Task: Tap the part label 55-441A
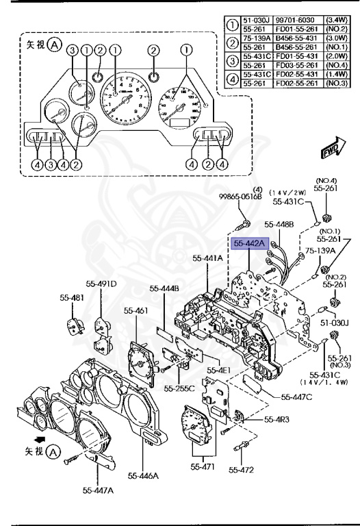tap(207, 258)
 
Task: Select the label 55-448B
tap(279, 223)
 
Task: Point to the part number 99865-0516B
tap(241, 197)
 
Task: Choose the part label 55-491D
tap(101, 283)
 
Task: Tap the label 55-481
tap(70, 299)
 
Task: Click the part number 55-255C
tap(179, 389)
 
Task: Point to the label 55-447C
tap(297, 397)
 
